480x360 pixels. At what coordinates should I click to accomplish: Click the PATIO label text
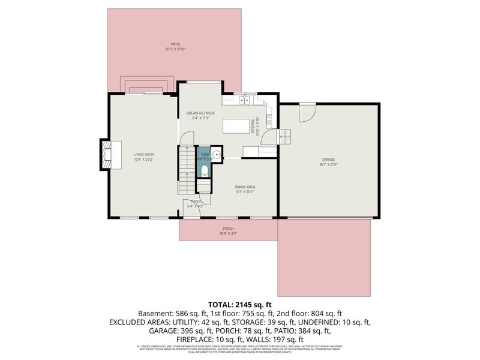175,44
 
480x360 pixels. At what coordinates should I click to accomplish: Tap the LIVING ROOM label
143,154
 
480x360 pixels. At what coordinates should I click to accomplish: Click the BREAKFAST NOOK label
200,113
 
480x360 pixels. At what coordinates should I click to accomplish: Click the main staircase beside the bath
186,171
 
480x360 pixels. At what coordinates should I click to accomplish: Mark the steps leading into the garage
286,138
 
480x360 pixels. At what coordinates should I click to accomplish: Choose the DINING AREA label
245,187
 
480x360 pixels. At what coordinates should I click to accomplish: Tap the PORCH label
228,229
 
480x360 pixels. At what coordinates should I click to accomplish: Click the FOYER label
196,201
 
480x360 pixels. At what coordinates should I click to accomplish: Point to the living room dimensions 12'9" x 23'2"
143,160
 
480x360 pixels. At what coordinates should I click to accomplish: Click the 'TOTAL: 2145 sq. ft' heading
240,304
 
